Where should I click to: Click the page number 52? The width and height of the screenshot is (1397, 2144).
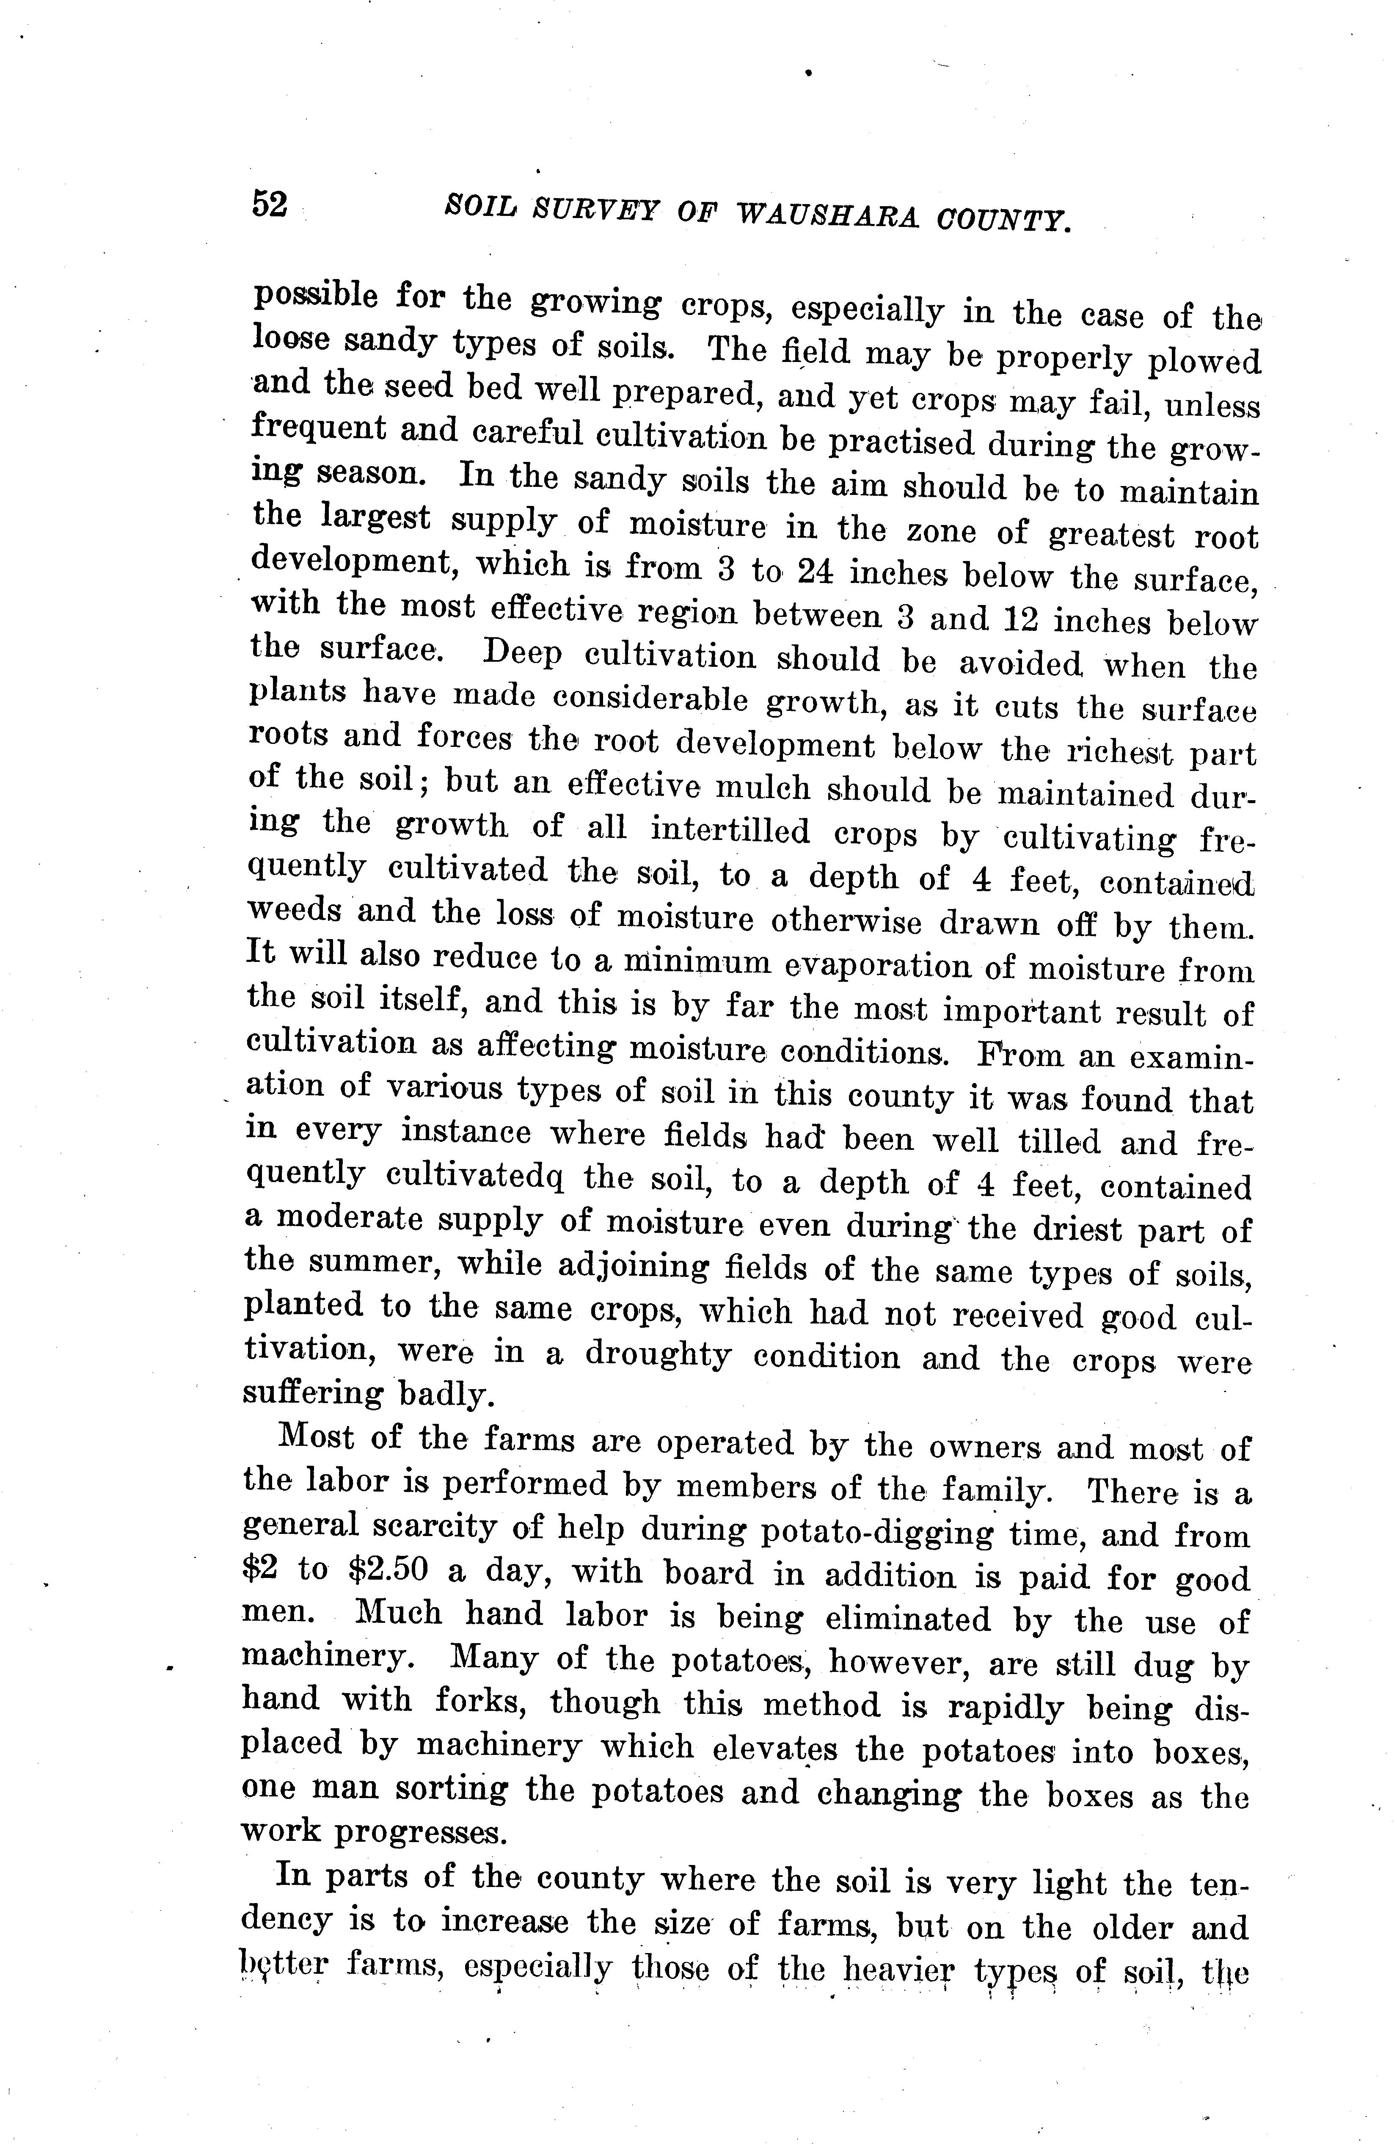[x=269, y=205]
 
